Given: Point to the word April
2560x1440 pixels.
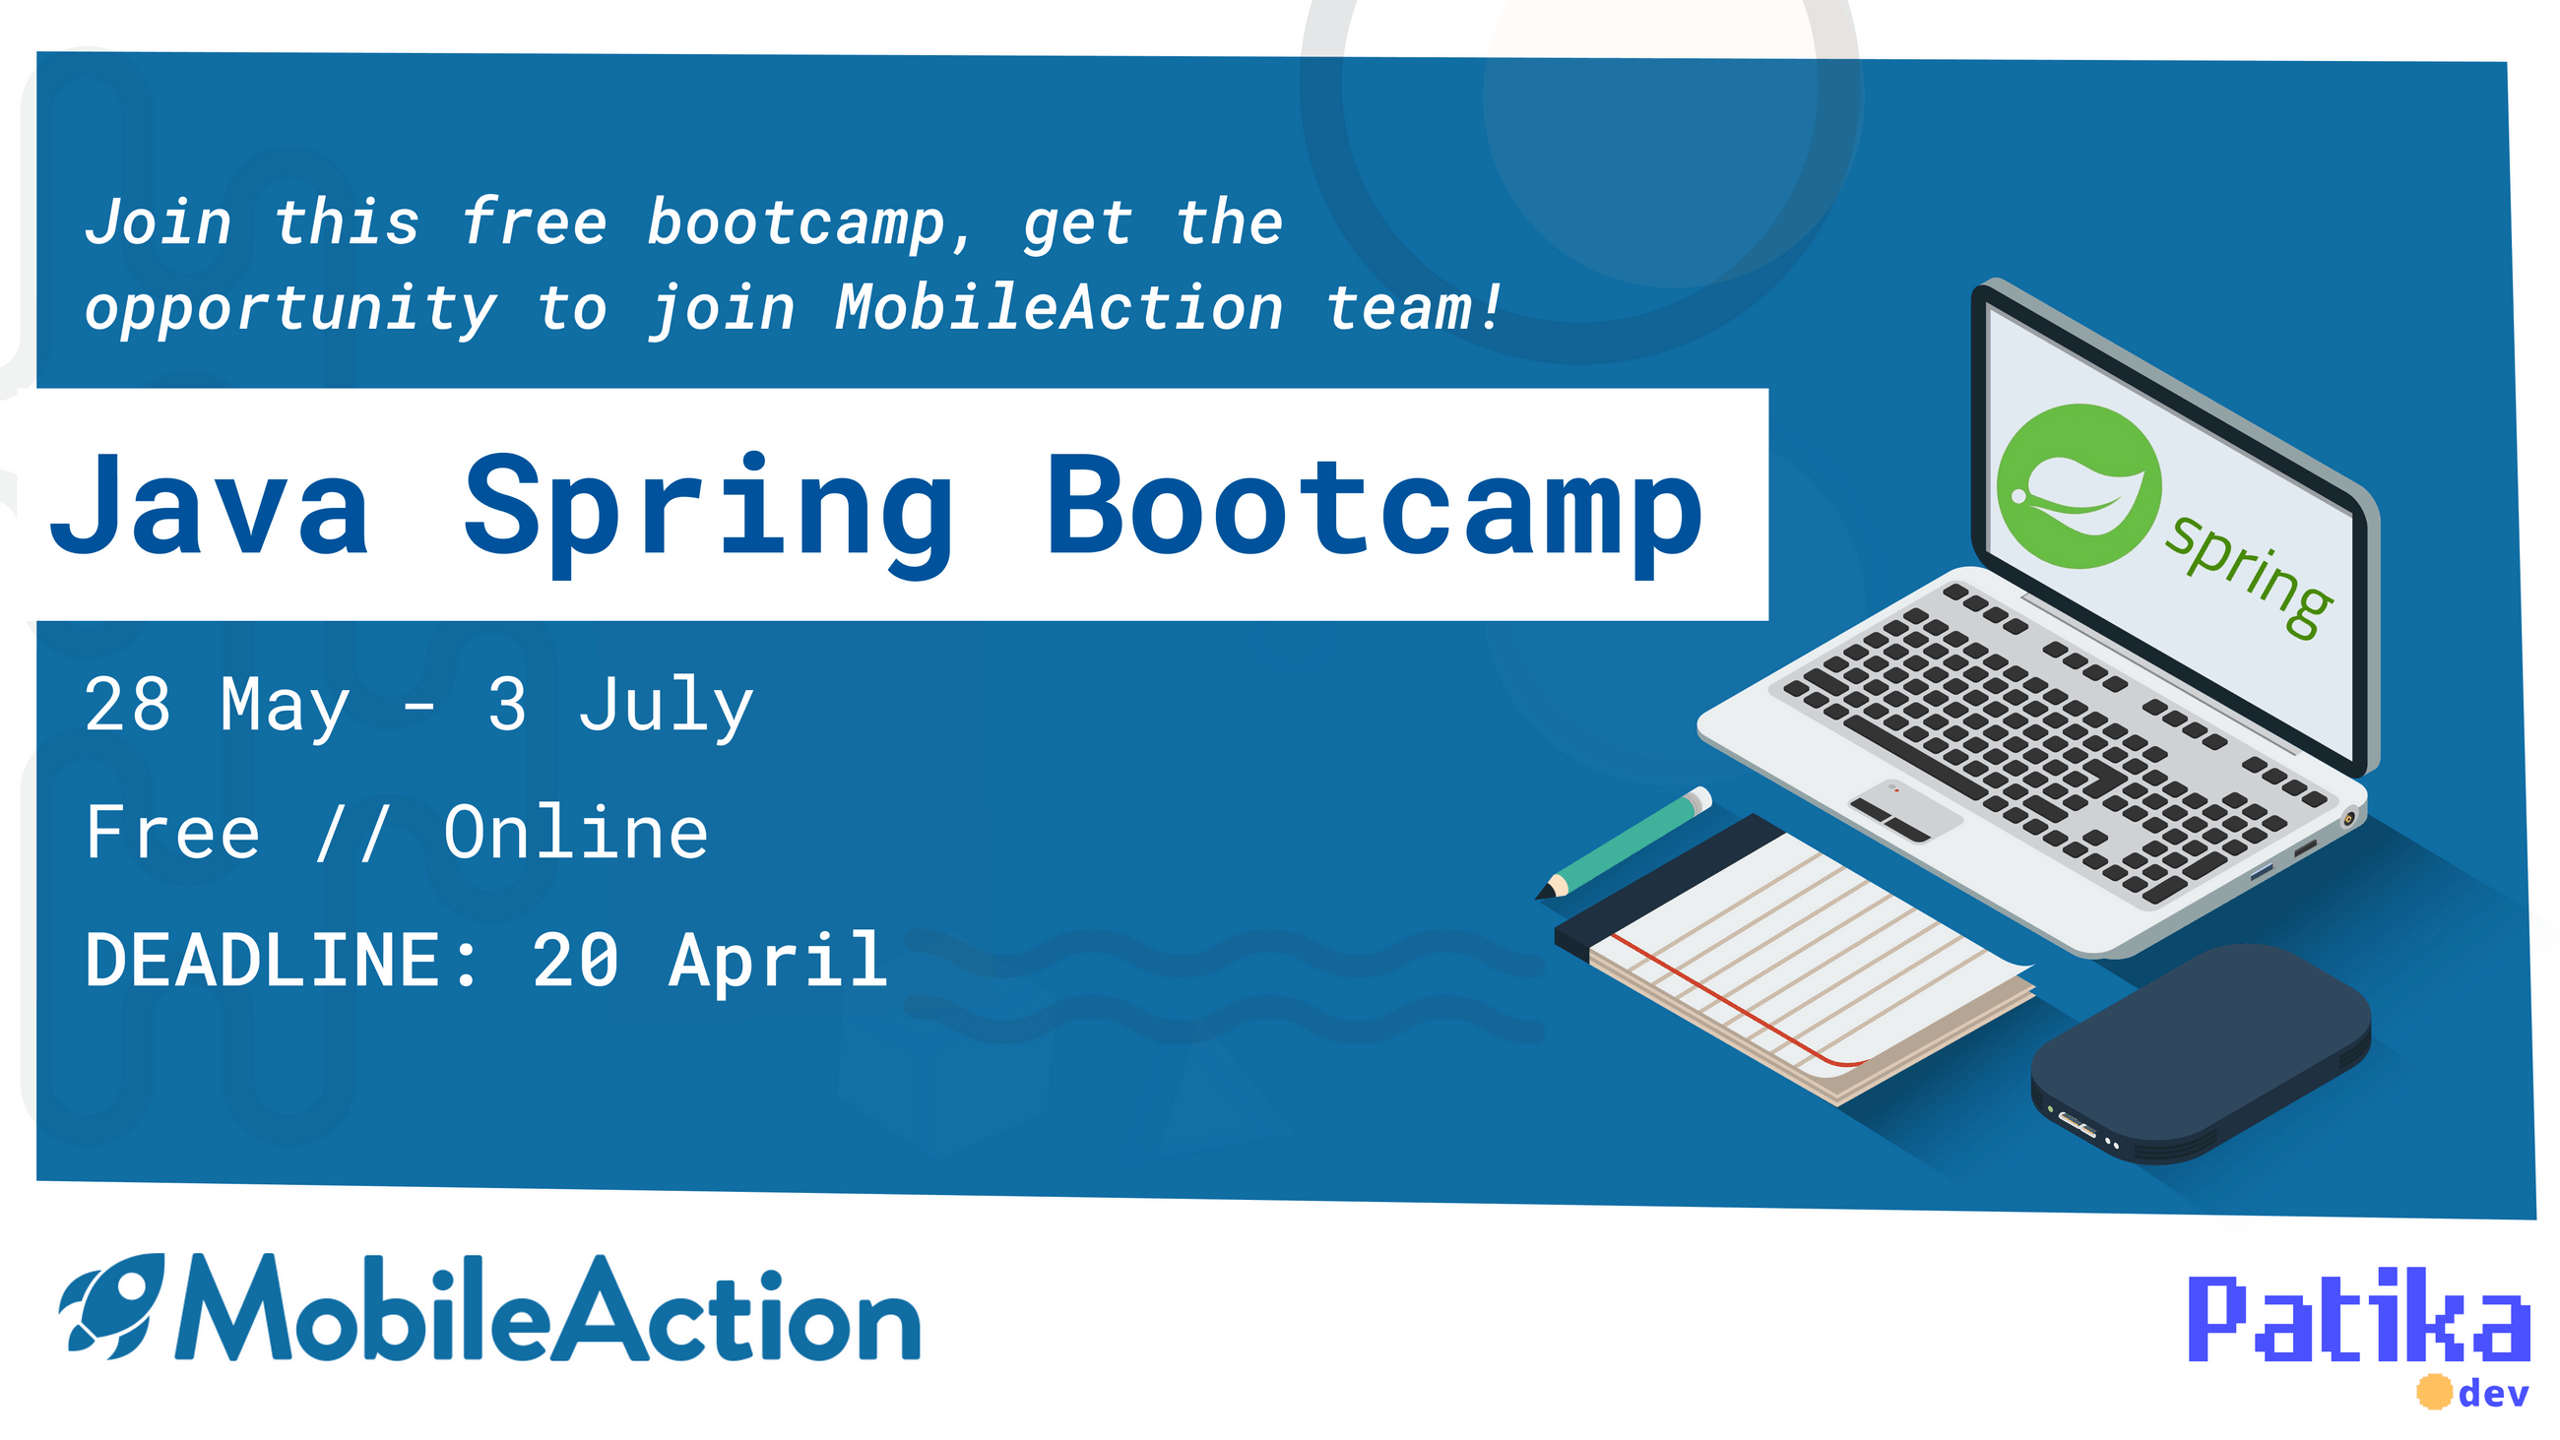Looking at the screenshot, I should [x=777, y=960].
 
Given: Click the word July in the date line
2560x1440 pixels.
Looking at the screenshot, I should [x=666, y=706].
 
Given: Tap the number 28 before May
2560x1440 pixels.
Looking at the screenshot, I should [x=127, y=704].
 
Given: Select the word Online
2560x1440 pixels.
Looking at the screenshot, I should [x=575, y=832].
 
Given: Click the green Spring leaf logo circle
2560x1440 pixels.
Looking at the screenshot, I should [x=2078, y=487].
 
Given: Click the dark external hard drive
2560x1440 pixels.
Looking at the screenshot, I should [x=2201, y=1053].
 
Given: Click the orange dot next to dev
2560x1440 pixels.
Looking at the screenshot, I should [x=2434, y=1393].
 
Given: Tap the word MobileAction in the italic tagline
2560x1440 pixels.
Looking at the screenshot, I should [x=1058, y=307].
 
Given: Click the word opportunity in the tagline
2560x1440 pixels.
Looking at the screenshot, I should [x=290, y=309].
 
